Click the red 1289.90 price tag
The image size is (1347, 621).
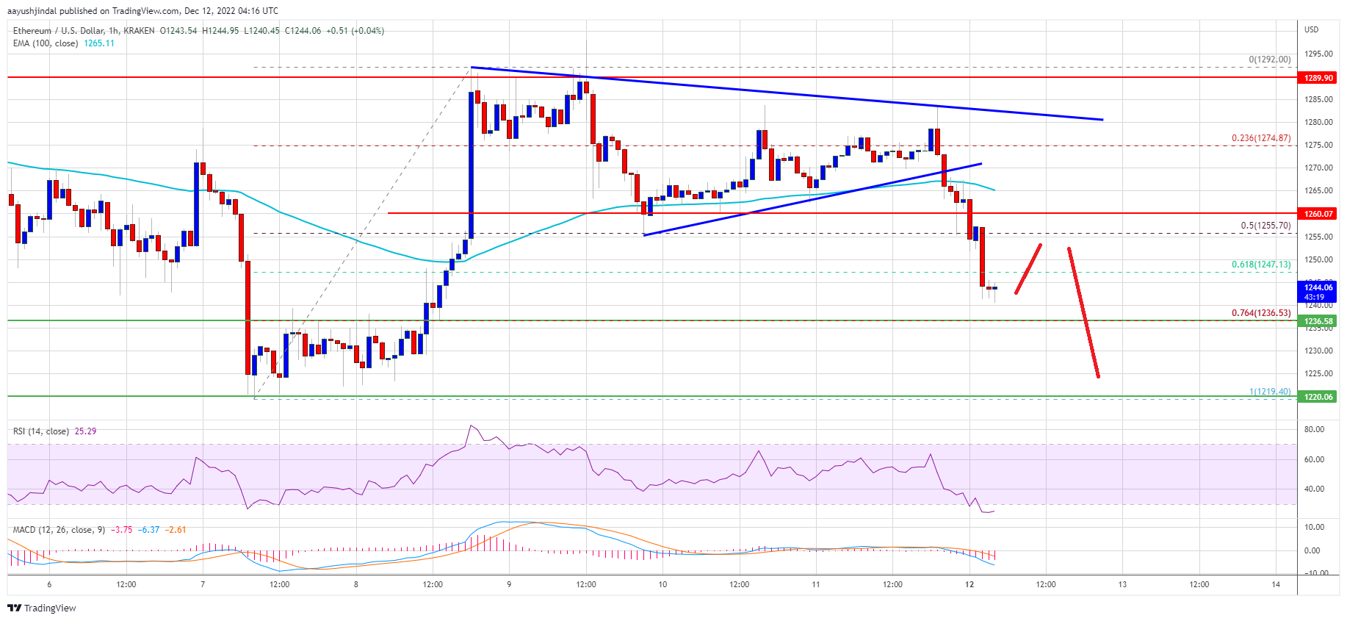click(1318, 78)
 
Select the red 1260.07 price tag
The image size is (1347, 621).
click(1318, 214)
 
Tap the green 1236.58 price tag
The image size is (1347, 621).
click(1318, 321)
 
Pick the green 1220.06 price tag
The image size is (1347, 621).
click(1318, 397)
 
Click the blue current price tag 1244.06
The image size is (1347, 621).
click(1318, 287)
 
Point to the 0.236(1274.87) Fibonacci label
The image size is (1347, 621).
click(1260, 138)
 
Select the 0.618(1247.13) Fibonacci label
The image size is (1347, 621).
click(1260, 265)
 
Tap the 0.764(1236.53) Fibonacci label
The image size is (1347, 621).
click(1260, 313)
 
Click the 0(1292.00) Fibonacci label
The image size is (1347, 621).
click(1269, 60)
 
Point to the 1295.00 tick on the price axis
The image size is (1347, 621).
click(1318, 54)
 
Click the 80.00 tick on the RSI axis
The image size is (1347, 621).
click(1314, 429)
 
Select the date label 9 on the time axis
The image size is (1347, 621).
click(509, 585)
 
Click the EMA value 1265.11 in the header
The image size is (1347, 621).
click(99, 43)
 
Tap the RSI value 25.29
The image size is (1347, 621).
click(85, 431)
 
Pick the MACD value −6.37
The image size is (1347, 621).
click(149, 530)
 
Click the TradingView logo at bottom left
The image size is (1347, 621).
click(42, 608)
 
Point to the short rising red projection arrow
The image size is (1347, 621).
click(1028, 269)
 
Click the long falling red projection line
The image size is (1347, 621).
click(1083, 312)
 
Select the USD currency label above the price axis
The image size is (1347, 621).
click(1311, 29)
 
